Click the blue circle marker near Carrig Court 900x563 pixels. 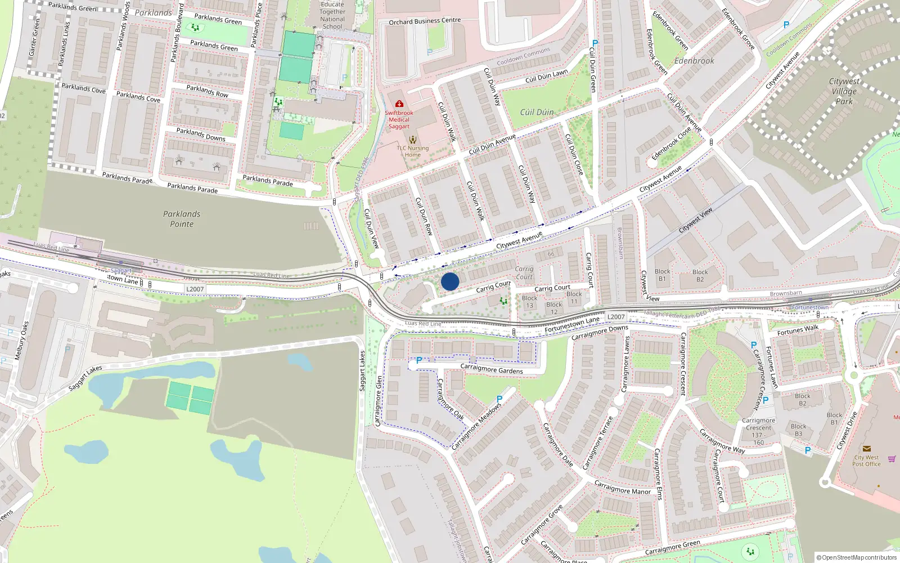point(450,281)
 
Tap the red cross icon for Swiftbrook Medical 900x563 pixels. point(399,104)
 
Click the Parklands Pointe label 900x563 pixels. point(182,219)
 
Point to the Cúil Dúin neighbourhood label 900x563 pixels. point(537,112)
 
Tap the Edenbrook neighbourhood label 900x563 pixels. point(694,61)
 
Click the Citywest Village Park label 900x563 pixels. point(844,91)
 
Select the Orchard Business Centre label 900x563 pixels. point(425,21)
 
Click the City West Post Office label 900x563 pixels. point(866,461)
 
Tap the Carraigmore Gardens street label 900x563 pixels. point(492,369)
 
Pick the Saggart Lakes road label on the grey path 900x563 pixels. point(85,378)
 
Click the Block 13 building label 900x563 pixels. point(529,302)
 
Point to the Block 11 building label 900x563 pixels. point(574,297)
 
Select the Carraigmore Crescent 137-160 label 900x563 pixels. point(758,431)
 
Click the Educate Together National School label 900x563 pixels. point(332,15)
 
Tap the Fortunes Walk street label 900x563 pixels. point(798,330)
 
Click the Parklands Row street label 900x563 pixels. point(207,91)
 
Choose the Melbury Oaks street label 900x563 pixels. point(21,341)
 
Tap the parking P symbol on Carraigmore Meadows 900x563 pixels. point(499,399)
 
